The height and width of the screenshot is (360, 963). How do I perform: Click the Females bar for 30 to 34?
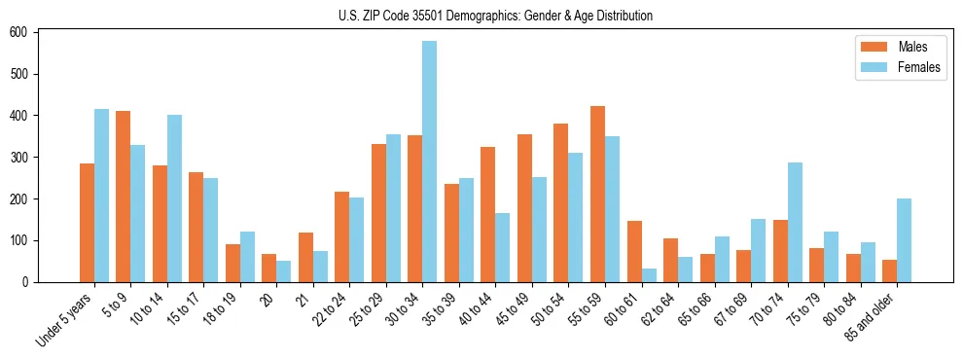pos(430,162)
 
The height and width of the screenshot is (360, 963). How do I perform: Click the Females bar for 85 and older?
pos(904,240)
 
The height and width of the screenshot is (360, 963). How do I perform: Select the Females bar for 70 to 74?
pos(795,222)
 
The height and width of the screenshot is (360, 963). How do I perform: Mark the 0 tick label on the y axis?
pos(31,282)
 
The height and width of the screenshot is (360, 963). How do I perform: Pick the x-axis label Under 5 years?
pos(65,318)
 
